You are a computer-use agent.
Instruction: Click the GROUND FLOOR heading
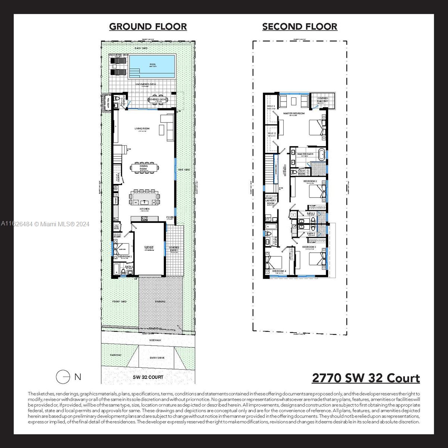tap(148, 27)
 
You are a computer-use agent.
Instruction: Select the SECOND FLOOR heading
tap(300, 27)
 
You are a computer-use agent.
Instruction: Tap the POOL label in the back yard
tap(153, 65)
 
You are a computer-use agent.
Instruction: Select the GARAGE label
tap(149, 247)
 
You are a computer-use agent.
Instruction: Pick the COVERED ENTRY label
tap(174, 249)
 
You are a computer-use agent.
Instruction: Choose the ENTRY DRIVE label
tap(157, 358)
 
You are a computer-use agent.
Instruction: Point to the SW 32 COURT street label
tap(148, 377)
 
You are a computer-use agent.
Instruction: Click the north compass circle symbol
tap(63, 377)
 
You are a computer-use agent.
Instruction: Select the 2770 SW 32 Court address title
tap(365, 378)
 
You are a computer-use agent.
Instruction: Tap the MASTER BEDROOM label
tap(294, 113)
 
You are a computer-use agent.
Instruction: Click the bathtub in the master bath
tap(321, 154)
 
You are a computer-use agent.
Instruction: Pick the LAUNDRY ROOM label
tap(271, 202)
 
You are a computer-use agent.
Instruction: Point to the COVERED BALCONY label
tap(323, 100)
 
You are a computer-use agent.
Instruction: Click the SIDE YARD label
tap(184, 169)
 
